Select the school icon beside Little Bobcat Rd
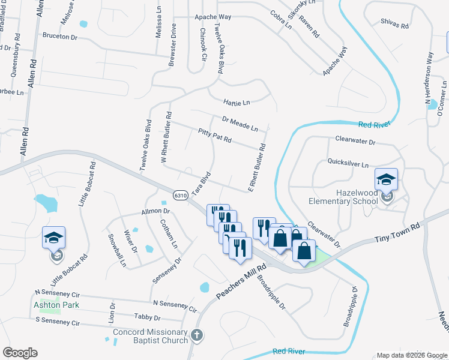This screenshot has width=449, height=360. pyautogui.click(x=53, y=238)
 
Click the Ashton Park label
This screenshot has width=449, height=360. pyautogui.click(x=56, y=305)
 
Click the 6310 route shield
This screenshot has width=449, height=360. pyautogui.click(x=179, y=195)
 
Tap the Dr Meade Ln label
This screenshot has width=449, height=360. pyautogui.click(x=240, y=124)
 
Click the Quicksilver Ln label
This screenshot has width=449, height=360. pyautogui.click(x=348, y=163)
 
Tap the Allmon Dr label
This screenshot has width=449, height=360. pyautogui.click(x=155, y=211)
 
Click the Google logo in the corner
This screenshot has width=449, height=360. pyautogui.click(x=20, y=353)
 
